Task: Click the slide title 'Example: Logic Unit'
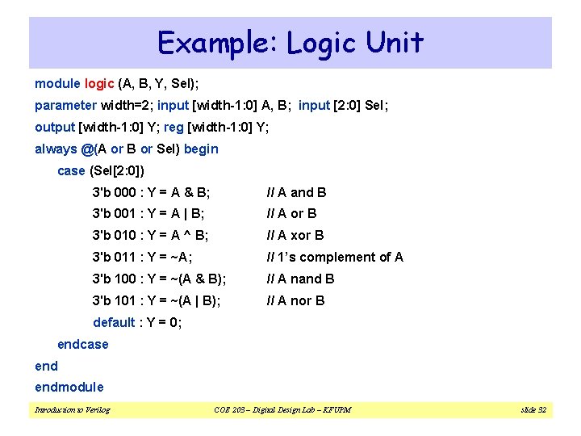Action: coord(290,42)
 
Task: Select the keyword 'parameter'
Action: coord(65,106)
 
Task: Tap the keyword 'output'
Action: coord(54,128)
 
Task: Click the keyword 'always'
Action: coord(56,149)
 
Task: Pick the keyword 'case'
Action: coord(71,171)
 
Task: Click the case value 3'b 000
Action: coord(114,193)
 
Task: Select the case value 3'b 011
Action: coord(114,258)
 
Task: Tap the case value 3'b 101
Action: coord(114,301)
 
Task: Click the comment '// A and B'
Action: coord(297,193)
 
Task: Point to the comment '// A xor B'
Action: coord(295,236)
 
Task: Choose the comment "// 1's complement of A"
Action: coord(335,258)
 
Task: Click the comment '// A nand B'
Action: coord(300,279)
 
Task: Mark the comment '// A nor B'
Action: coord(296,301)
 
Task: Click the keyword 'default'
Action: coord(114,323)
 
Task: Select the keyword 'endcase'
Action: coord(82,345)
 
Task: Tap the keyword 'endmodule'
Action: coord(69,388)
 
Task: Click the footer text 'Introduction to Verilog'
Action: coord(73,410)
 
